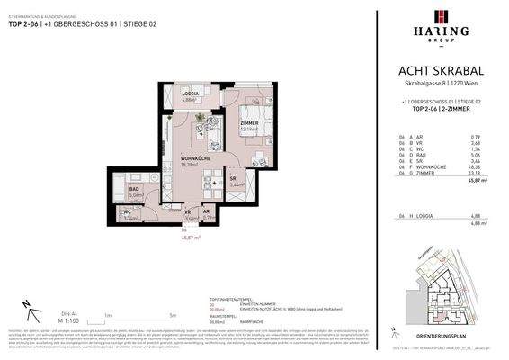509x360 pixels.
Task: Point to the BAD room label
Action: [137, 188]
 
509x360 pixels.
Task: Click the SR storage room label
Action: [233, 178]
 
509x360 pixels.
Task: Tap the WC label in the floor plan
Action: [128, 212]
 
